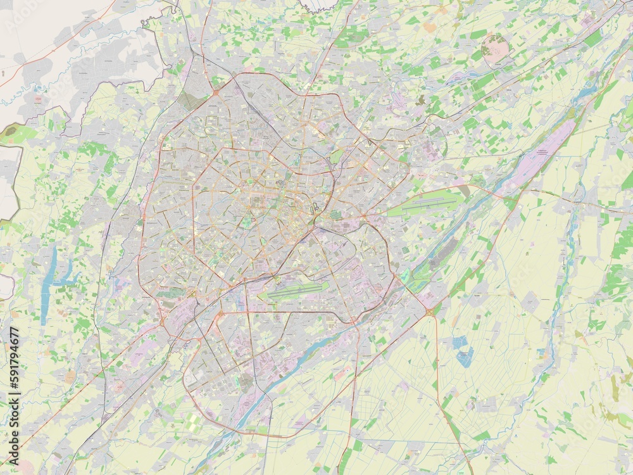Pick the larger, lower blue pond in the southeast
tap(465, 357)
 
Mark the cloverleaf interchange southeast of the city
tap(430, 312)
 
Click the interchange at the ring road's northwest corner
tap(215, 92)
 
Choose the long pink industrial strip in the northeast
tap(538, 158)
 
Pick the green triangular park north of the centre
tap(337, 155)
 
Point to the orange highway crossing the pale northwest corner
tap(57, 51)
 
